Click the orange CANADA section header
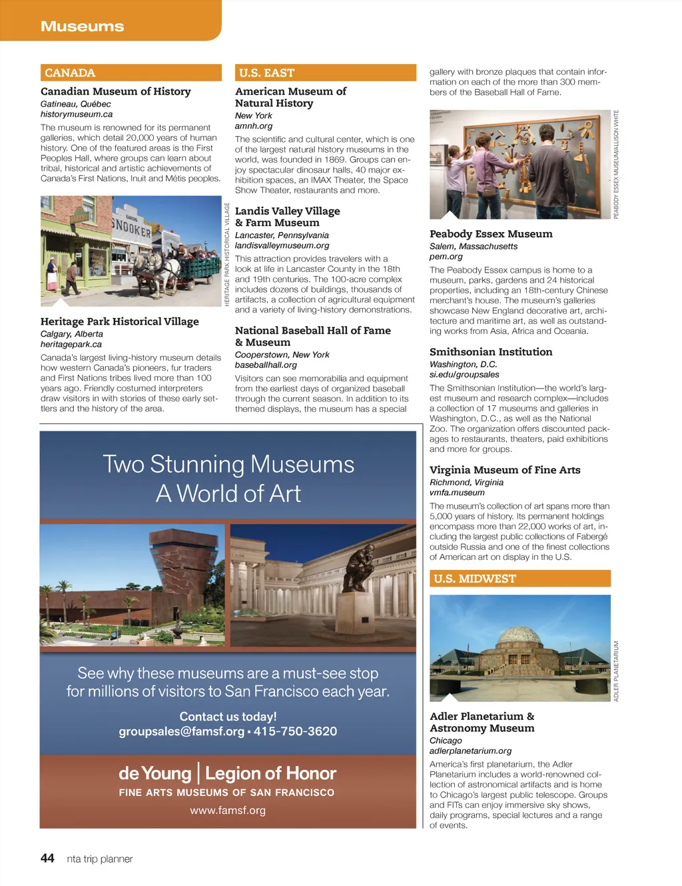click(131, 73)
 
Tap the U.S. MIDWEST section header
click(519, 579)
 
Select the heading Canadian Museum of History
click(115, 91)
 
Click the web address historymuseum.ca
click(76, 114)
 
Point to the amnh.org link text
click(253, 126)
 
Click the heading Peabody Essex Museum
click(491, 234)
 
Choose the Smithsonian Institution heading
click(490, 352)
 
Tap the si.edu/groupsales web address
click(464, 375)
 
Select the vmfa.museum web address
click(456, 493)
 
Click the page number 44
click(47, 858)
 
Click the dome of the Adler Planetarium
click(519, 636)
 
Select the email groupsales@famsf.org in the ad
click(181, 731)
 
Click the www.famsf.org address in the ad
click(228, 811)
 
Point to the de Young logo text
click(155, 773)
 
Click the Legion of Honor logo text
click(270, 773)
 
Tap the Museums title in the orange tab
click(82, 27)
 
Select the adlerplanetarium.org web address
click(470, 751)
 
